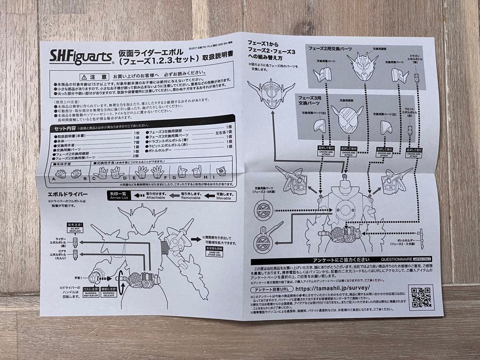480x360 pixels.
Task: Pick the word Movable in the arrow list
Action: click(223, 198)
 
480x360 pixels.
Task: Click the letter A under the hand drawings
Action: click(54, 179)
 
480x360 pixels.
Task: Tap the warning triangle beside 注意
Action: click(89, 76)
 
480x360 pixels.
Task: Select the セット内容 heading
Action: click(66, 128)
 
